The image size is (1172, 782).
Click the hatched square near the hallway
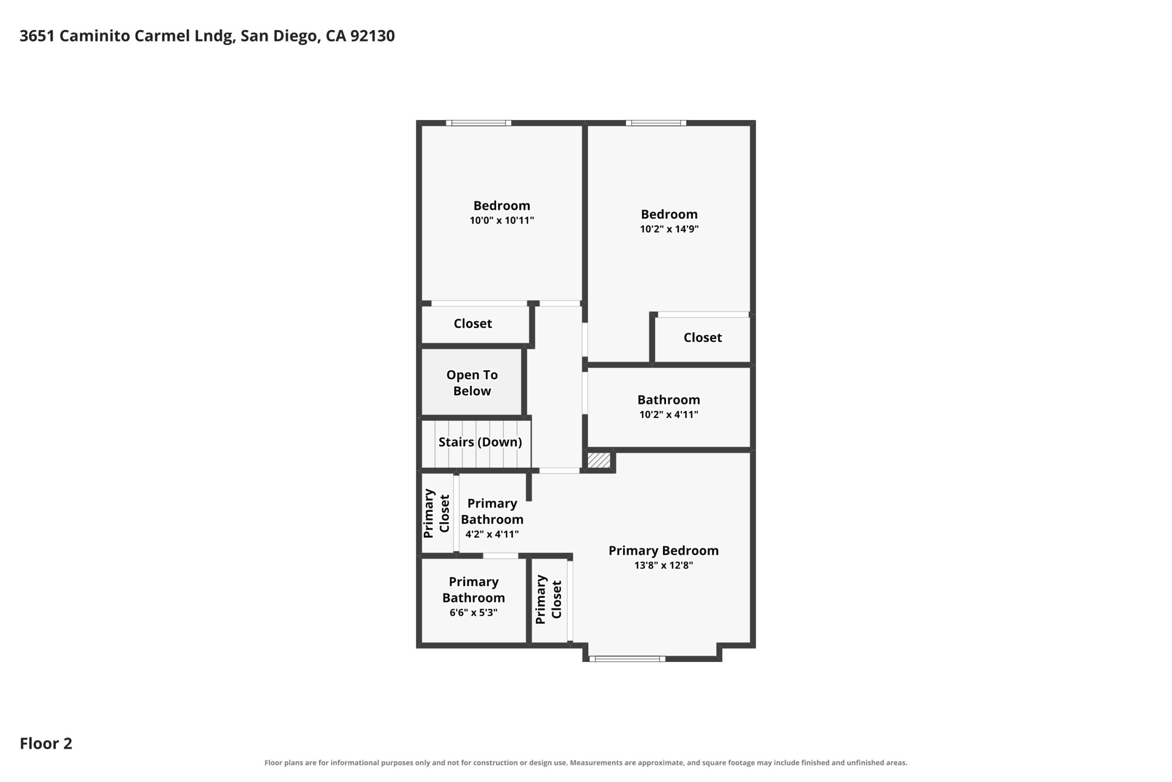click(x=598, y=460)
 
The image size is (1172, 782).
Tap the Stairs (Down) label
click(x=480, y=442)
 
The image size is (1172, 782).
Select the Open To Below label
click(x=472, y=383)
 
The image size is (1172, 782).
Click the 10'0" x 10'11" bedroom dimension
click(x=502, y=220)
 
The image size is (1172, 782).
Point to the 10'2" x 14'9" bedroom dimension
click(x=669, y=229)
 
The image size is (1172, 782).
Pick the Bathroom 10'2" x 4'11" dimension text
click(x=669, y=415)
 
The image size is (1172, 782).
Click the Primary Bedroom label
click(x=664, y=551)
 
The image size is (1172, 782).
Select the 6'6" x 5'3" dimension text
click(x=473, y=612)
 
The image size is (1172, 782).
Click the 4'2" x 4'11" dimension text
click(x=492, y=534)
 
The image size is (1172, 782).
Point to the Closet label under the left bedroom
click(x=473, y=324)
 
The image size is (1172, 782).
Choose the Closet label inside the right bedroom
click(x=703, y=338)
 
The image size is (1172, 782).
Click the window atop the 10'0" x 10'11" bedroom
click(x=478, y=123)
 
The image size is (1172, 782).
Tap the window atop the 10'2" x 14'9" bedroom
click(x=656, y=123)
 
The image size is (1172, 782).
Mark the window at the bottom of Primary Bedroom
click(x=627, y=659)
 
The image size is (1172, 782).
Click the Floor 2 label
click(x=46, y=744)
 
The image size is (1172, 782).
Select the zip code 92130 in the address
click(x=372, y=36)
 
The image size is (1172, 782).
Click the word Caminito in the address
click(x=95, y=36)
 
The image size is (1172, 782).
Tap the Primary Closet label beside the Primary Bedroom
click(x=548, y=600)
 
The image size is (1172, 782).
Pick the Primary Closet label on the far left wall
click(x=436, y=513)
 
